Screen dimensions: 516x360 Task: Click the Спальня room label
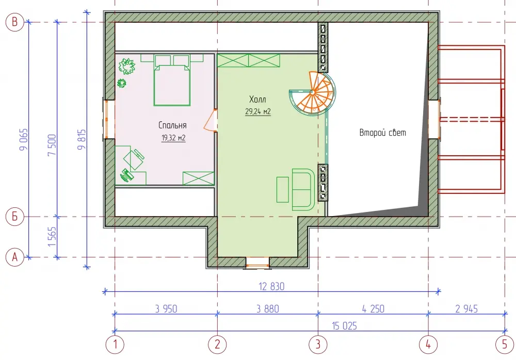click(172, 125)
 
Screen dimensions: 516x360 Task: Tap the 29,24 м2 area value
click(257, 111)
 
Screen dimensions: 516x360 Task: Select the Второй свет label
click(382, 133)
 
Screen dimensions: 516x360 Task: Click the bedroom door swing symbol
click(211, 121)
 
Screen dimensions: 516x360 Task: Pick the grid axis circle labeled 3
click(318, 344)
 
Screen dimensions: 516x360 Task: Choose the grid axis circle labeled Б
click(15, 217)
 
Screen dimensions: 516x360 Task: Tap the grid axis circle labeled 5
click(505, 344)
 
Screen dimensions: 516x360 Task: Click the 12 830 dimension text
click(271, 286)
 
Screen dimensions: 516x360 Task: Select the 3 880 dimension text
click(267, 308)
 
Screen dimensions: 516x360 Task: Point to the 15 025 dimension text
click(344, 326)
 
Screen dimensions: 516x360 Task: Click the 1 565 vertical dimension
click(52, 237)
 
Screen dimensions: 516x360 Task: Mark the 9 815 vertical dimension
click(82, 140)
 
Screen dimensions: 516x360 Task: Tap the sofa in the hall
click(303, 190)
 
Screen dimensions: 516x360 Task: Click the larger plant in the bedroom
click(127, 66)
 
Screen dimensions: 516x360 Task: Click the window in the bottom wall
click(257, 263)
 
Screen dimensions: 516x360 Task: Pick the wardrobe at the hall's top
click(249, 60)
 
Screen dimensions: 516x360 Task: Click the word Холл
click(257, 100)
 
